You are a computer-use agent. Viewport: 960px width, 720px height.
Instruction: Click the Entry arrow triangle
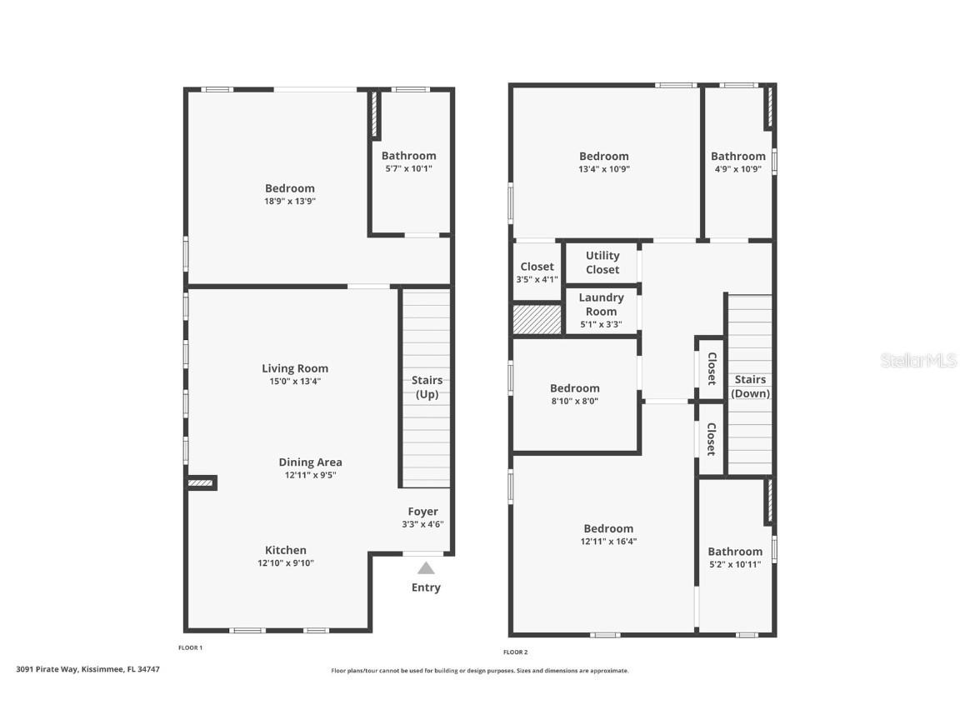click(426, 568)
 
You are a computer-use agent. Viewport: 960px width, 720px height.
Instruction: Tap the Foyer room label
click(422, 512)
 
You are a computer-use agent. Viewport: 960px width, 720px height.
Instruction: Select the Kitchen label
click(286, 550)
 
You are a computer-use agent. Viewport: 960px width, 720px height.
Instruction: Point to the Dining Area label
click(310, 462)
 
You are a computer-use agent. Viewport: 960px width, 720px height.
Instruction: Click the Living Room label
click(295, 368)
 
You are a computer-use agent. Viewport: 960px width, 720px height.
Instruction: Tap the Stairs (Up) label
click(427, 387)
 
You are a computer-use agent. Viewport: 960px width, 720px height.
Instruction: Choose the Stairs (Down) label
click(750, 387)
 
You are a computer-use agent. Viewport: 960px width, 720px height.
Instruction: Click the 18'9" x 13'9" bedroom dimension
click(290, 201)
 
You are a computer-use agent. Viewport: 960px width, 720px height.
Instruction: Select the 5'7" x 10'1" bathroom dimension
click(408, 168)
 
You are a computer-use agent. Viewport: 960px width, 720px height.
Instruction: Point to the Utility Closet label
click(602, 262)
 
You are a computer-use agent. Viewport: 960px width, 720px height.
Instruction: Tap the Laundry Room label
click(601, 304)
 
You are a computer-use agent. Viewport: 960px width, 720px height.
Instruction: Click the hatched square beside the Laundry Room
click(537, 320)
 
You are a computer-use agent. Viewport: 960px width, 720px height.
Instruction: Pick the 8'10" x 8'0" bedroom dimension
click(574, 401)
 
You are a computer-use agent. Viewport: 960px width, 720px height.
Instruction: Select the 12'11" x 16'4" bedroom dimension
click(608, 541)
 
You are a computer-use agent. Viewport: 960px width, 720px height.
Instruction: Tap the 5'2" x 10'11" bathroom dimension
click(735, 564)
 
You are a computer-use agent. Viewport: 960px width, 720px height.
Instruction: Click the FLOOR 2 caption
click(515, 652)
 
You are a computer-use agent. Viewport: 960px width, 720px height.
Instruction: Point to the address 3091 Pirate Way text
click(87, 669)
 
